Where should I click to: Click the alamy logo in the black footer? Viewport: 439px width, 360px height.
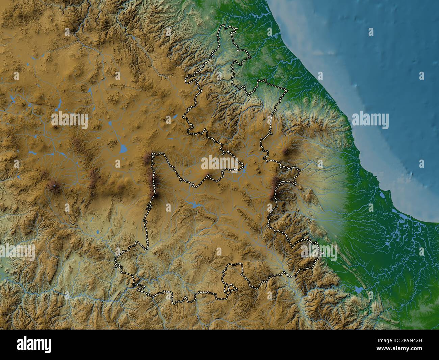click(34, 345)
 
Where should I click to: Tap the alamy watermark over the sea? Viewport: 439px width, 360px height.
click(370, 120)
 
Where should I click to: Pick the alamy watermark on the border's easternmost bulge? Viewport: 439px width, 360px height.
click(319, 251)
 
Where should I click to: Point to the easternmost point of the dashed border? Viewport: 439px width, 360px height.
click(322, 252)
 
